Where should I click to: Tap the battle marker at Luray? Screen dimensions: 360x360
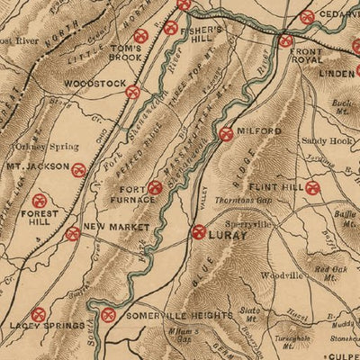199,231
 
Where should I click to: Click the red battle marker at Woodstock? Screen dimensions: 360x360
132,91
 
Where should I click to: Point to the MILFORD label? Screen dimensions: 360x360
261,131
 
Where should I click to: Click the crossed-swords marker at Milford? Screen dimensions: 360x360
226,133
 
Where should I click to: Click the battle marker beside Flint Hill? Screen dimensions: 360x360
312,188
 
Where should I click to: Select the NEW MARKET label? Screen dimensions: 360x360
115,228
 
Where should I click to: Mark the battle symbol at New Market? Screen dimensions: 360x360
73,233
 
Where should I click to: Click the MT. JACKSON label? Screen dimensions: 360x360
37,166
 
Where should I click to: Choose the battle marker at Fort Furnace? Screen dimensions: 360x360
155,187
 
